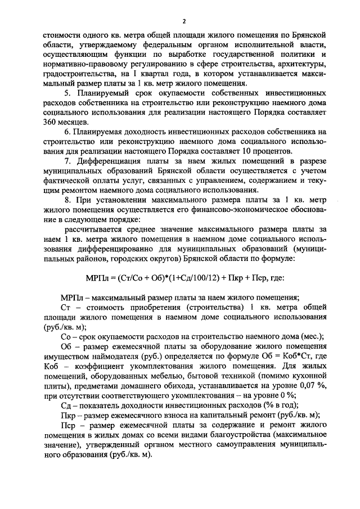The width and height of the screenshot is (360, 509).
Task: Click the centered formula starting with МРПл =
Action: [x=180, y=277]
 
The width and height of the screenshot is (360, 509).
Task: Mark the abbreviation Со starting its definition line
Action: [x=65, y=337]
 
